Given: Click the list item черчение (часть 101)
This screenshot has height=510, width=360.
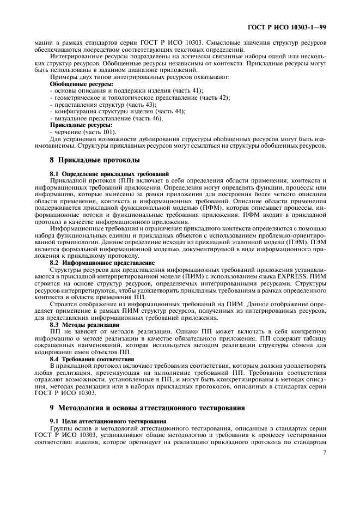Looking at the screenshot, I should (x=83, y=131).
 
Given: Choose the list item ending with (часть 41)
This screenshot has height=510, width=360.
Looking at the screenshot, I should (x=126, y=90).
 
